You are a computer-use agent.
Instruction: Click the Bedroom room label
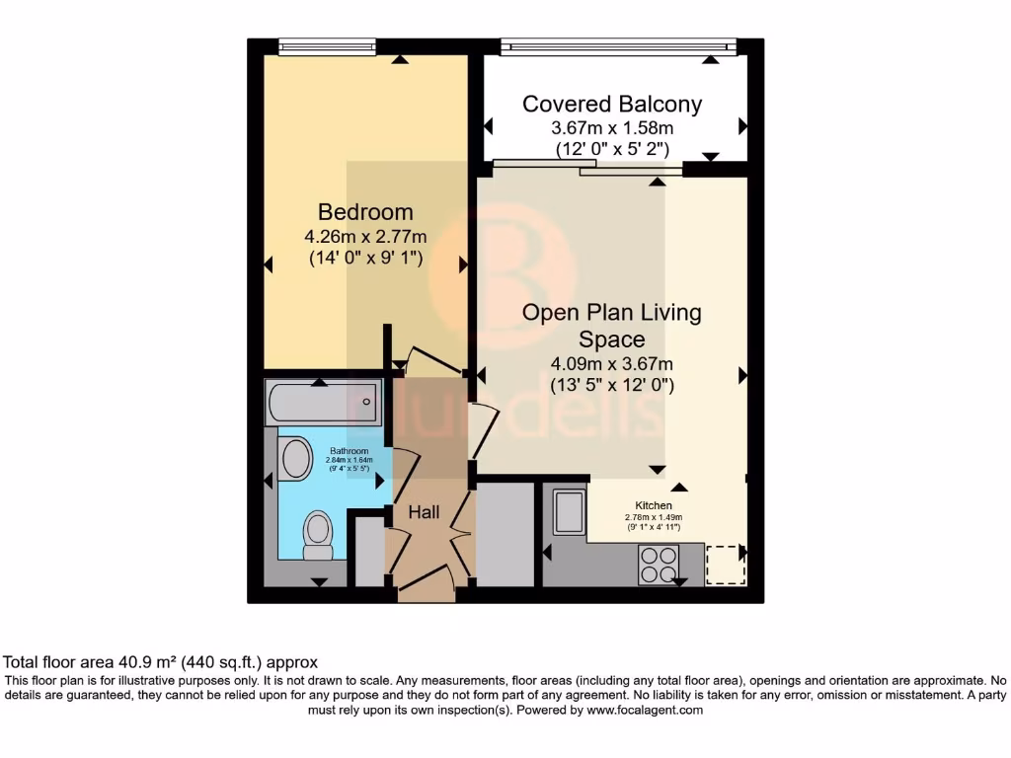(x=365, y=212)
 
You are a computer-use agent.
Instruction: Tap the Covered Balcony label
(x=612, y=104)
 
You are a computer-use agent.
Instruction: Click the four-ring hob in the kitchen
(x=660, y=566)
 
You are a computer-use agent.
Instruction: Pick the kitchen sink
(x=570, y=511)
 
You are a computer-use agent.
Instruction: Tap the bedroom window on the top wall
(x=327, y=46)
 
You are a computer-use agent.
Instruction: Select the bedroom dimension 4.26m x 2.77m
(x=365, y=237)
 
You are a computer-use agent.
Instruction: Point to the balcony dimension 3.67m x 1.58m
(x=612, y=128)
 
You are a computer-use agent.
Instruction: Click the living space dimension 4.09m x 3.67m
(x=612, y=363)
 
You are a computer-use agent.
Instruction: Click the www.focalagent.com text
(x=644, y=710)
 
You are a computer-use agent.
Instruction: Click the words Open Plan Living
(x=612, y=313)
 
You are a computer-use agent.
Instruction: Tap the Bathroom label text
(x=350, y=451)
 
